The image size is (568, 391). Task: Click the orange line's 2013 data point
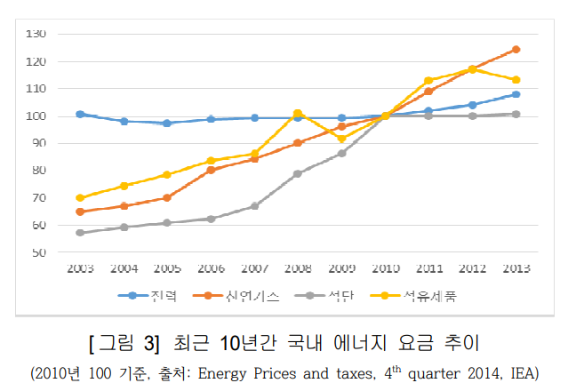(516, 50)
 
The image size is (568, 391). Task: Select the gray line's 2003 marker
(80, 233)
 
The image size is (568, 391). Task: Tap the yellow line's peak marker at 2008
(298, 114)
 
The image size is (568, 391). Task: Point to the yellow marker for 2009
(341, 139)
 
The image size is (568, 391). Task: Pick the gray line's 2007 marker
(254, 206)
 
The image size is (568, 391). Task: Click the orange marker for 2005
(167, 197)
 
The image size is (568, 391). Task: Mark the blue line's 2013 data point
(516, 94)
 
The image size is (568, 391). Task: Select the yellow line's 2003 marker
(80, 198)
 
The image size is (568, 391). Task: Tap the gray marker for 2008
(298, 173)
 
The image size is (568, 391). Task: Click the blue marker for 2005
(167, 123)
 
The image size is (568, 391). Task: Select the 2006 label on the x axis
(211, 268)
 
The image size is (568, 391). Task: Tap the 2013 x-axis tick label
(516, 268)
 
